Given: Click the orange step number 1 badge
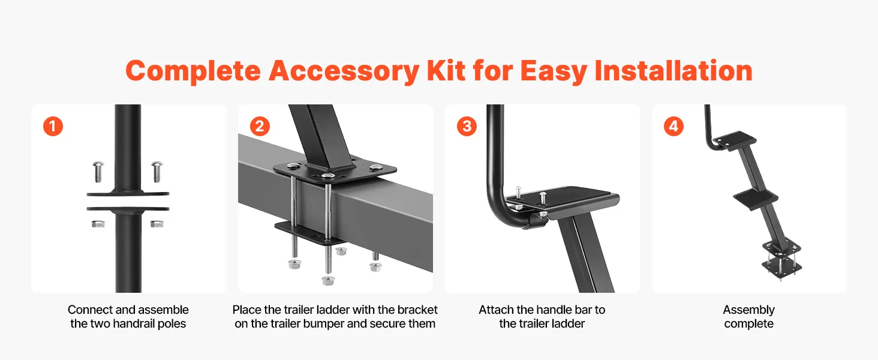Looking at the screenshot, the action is coord(53,126).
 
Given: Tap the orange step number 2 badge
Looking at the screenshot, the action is coord(260,126).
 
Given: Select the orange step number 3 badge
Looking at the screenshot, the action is coord(467,126).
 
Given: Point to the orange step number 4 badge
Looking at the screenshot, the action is coord(673,126).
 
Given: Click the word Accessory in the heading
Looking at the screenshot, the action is coord(344,71).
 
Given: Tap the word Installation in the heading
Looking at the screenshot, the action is coord(673,71).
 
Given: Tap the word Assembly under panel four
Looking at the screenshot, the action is coord(748,310).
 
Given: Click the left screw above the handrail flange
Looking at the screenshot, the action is coord(98,172).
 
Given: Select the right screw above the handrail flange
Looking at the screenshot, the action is coord(157,172).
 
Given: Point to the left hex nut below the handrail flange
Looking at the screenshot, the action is coord(98,224).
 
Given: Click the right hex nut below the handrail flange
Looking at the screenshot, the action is coord(157,224).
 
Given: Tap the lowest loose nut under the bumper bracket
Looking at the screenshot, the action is coord(327,280).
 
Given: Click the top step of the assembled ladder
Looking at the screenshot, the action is coord(734,140).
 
